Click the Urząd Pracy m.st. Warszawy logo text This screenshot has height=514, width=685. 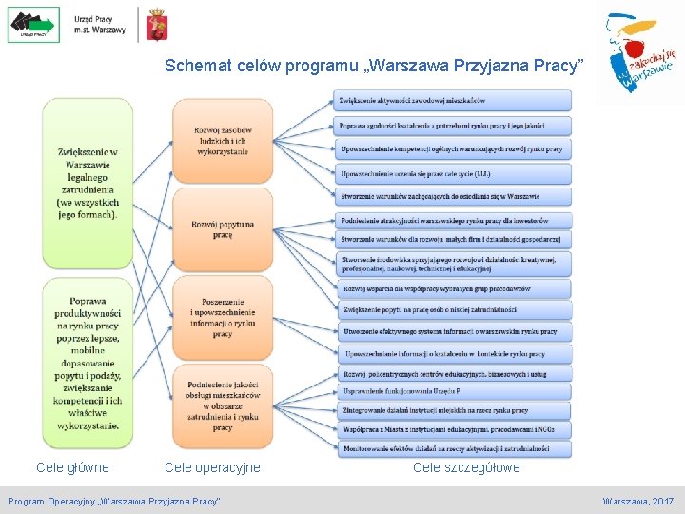click(x=99, y=24)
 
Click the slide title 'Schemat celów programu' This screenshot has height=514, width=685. click(x=372, y=66)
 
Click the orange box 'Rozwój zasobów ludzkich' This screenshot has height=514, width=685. click(x=223, y=140)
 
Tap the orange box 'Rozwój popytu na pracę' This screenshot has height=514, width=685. click(x=223, y=229)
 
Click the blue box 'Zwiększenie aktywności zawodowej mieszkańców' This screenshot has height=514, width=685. click(x=453, y=100)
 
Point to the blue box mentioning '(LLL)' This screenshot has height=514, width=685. click(x=453, y=173)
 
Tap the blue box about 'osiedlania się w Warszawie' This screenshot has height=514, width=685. click(x=453, y=196)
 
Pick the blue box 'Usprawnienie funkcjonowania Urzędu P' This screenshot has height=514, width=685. click(x=453, y=391)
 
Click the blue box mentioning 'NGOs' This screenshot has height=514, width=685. click(x=453, y=429)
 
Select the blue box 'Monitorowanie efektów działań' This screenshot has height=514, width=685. click(x=453, y=448)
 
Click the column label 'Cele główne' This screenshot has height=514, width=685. click(x=72, y=467)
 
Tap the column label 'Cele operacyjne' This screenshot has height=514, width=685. click(x=212, y=467)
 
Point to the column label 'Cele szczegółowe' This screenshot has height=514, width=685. click(x=466, y=467)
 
